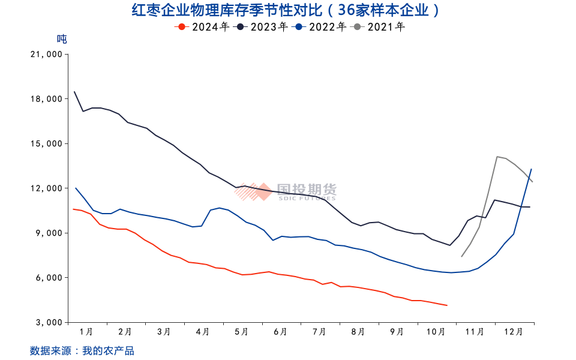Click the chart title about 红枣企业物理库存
(287, 10)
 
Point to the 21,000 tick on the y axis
(46, 54)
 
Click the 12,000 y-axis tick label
(46, 188)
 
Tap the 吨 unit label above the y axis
(61, 39)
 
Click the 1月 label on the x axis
(86, 331)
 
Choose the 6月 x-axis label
(280, 331)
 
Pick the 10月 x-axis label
(436, 331)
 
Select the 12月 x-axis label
(514, 331)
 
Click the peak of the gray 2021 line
(497, 157)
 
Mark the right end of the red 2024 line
(447, 305)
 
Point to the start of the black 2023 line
(74, 92)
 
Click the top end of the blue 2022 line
(531, 169)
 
